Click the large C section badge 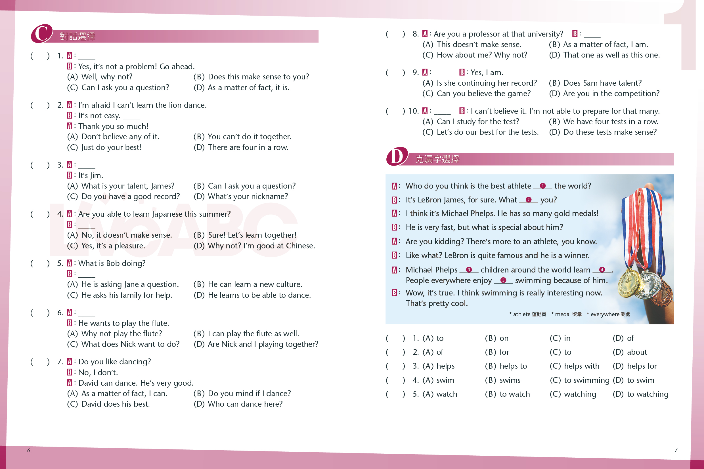pyautogui.click(x=42, y=33)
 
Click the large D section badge pyautogui.click(x=397, y=156)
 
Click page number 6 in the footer pyautogui.click(x=29, y=450)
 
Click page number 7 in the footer pyautogui.click(x=676, y=450)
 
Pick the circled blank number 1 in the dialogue pyautogui.click(x=542, y=186)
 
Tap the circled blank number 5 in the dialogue pyautogui.click(x=503, y=280)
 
